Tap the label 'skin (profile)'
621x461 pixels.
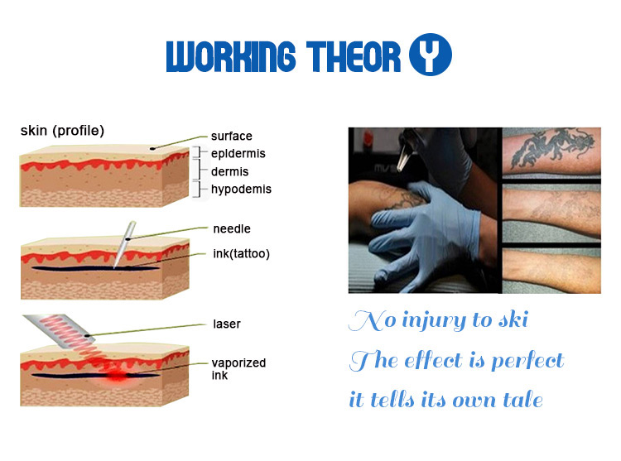(x=62, y=131)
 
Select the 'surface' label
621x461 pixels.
(x=231, y=137)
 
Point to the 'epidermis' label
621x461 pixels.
(x=238, y=154)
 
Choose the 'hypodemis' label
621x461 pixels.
(x=241, y=190)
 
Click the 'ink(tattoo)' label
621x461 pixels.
(x=240, y=252)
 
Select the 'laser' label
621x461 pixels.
(x=226, y=324)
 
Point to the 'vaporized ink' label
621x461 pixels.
(x=239, y=369)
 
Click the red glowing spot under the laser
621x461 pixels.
(x=116, y=377)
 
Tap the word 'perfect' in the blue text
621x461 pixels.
(x=527, y=360)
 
